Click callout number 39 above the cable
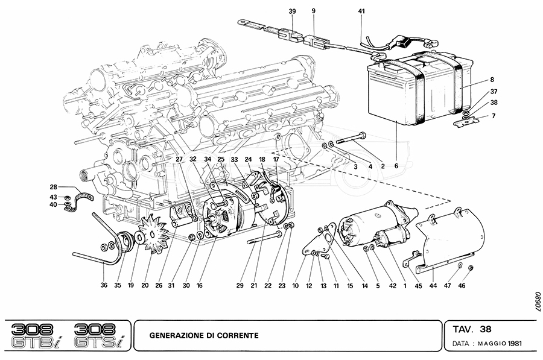pos(292,11)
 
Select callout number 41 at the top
pos(361,11)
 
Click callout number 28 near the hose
pos(53,187)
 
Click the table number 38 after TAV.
pos(486,329)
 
